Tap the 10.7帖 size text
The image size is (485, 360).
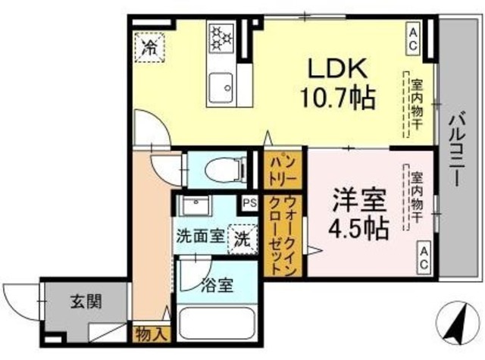337,98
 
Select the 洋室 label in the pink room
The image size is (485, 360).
359,200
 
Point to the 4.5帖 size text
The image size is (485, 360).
358,228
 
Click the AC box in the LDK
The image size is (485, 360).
413,40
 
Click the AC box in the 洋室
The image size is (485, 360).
424,258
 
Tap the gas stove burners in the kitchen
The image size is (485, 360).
221,37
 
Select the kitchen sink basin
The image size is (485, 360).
221,87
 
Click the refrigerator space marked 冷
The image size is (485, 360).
150,48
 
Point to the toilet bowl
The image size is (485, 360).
223,170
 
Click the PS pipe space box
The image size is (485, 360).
249,203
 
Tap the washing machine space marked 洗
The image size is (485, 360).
242,239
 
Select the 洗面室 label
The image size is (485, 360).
200,237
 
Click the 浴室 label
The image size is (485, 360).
217,286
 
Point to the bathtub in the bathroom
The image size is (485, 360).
217,324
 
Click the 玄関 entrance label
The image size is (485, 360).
86,301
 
